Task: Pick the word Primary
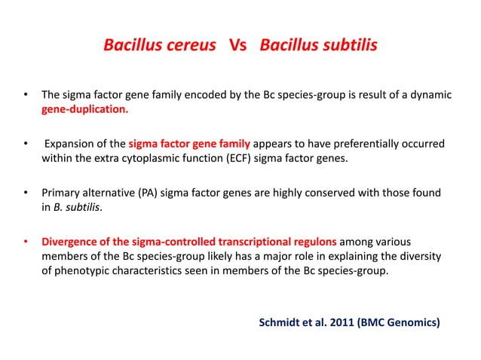[61, 192]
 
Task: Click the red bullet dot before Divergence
[26, 242]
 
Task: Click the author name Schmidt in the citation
[281, 323]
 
